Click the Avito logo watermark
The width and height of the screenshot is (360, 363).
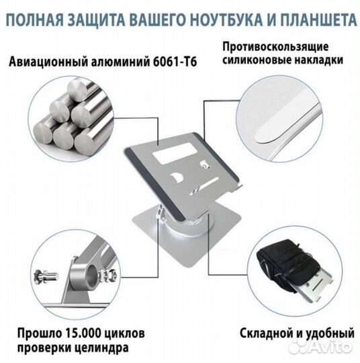pyautogui.click(x=331, y=347)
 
